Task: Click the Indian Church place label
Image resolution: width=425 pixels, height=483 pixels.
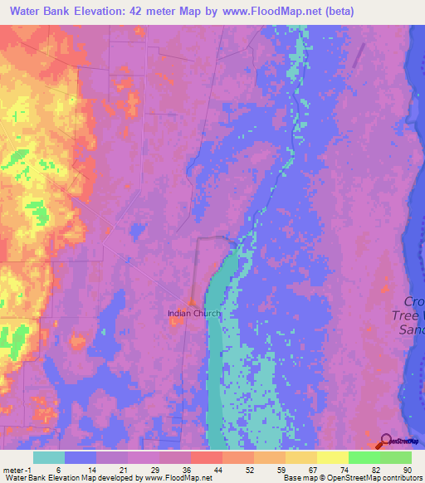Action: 192,313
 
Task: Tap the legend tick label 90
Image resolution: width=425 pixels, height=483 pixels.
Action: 407,470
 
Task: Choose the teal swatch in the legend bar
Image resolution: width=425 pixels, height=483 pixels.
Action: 49,457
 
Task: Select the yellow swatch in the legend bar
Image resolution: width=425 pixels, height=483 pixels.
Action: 333,457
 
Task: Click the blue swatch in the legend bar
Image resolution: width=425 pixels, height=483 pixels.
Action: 81,457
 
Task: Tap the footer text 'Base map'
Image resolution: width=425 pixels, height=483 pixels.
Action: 298,478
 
